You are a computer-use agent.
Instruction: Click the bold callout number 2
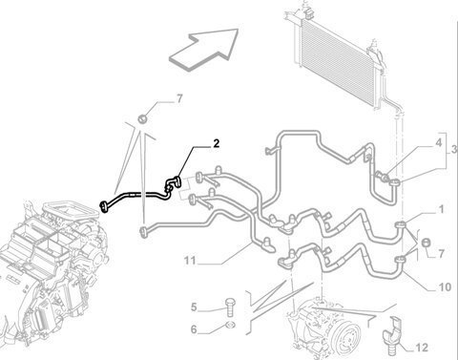(x=217, y=144)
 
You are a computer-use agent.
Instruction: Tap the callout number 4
(x=439, y=142)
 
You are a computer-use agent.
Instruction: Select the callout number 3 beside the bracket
(x=454, y=150)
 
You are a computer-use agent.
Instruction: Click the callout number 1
(x=441, y=209)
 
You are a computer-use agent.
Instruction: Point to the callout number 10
(x=445, y=287)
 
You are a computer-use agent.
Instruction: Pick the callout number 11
(x=190, y=261)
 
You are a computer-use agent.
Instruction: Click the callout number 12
(x=422, y=348)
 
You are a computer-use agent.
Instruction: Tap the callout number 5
(x=194, y=307)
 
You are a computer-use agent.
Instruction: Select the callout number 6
(x=194, y=329)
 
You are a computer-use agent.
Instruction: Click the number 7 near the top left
(x=179, y=99)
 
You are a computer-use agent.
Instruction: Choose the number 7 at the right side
(x=441, y=254)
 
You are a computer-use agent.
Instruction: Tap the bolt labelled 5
(x=230, y=307)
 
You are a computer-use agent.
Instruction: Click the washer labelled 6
(x=230, y=325)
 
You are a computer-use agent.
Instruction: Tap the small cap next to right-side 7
(x=426, y=243)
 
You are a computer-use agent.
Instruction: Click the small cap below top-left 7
(x=142, y=119)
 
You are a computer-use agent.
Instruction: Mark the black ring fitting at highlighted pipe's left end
(x=104, y=206)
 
